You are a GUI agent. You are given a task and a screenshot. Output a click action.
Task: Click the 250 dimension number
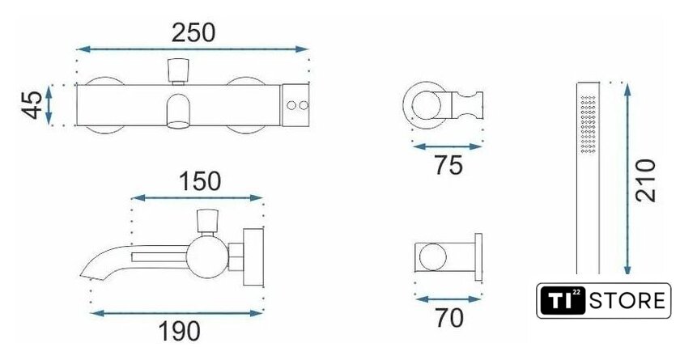point(193,33)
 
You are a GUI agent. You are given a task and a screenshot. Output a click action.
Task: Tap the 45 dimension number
point(32,104)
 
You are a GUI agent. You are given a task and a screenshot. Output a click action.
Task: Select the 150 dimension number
point(200,181)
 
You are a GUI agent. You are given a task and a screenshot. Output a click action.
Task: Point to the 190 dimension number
point(179,332)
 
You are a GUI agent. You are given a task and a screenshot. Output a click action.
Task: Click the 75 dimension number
point(448,165)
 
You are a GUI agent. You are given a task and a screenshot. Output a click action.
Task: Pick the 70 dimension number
point(449,319)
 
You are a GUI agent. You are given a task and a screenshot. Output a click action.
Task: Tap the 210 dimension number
point(646,180)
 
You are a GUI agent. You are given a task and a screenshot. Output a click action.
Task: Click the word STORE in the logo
point(627,301)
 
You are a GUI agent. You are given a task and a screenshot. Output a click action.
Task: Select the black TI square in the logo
point(563,301)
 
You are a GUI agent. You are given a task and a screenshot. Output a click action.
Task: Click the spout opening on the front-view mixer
point(178,125)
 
